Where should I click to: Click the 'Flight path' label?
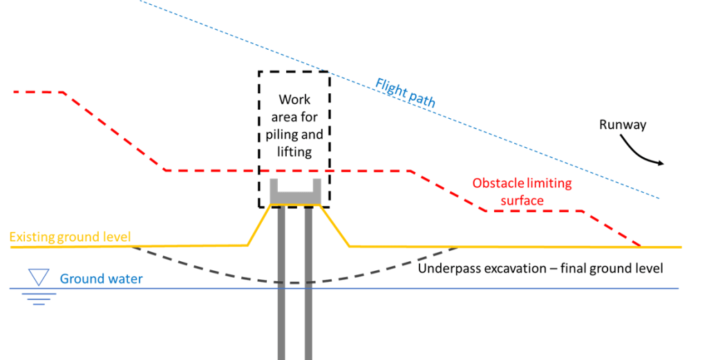[x=406, y=93]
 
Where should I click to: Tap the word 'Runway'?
[x=622, y=125]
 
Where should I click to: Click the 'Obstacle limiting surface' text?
[x=522, y=191]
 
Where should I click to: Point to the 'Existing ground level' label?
[x=70, y=237]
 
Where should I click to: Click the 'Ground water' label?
[x=101, y=279]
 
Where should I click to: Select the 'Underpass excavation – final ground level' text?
[x=540, y=268]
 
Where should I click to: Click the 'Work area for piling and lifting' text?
[x=294, y=126]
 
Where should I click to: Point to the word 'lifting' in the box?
[x=294, y=152]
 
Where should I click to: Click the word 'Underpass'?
[x=448, y=268]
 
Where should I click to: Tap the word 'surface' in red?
[x=522, y=200]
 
